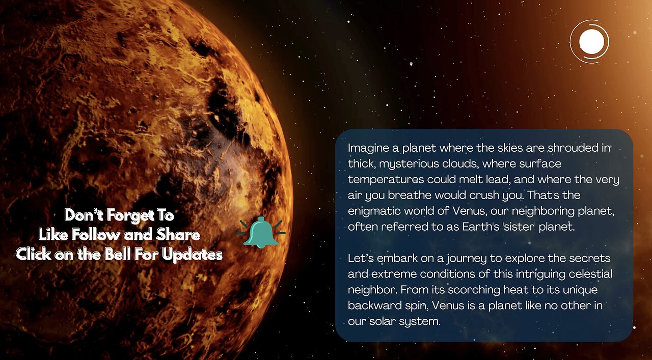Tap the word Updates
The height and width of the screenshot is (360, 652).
192,254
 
